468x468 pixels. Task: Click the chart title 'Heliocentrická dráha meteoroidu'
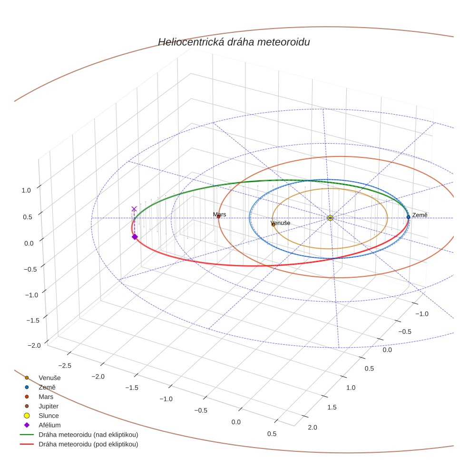(x=234, y=42)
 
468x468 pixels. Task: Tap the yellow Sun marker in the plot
(x=330, y=217)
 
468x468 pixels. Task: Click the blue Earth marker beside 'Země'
(x=408, y=217)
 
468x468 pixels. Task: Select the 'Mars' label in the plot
(x=220, y=214)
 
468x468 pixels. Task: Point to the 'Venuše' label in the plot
(x=280, y=223)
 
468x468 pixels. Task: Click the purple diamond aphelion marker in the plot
(x=135, y=236)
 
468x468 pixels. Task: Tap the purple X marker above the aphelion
(x=134, y=209)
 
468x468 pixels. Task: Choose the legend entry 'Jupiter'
(x=49, y=406)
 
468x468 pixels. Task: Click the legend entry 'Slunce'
(x=49, y=416)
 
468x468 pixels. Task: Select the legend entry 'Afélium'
(x=49, y=425)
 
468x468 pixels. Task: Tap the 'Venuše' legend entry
(x=49, y=378)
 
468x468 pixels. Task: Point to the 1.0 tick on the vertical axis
(x=26, y=190)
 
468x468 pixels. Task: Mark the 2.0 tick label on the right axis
(x=312, y=427)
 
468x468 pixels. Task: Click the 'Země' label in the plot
(x=420, y=215)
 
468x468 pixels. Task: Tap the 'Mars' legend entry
(x=46, y=397)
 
